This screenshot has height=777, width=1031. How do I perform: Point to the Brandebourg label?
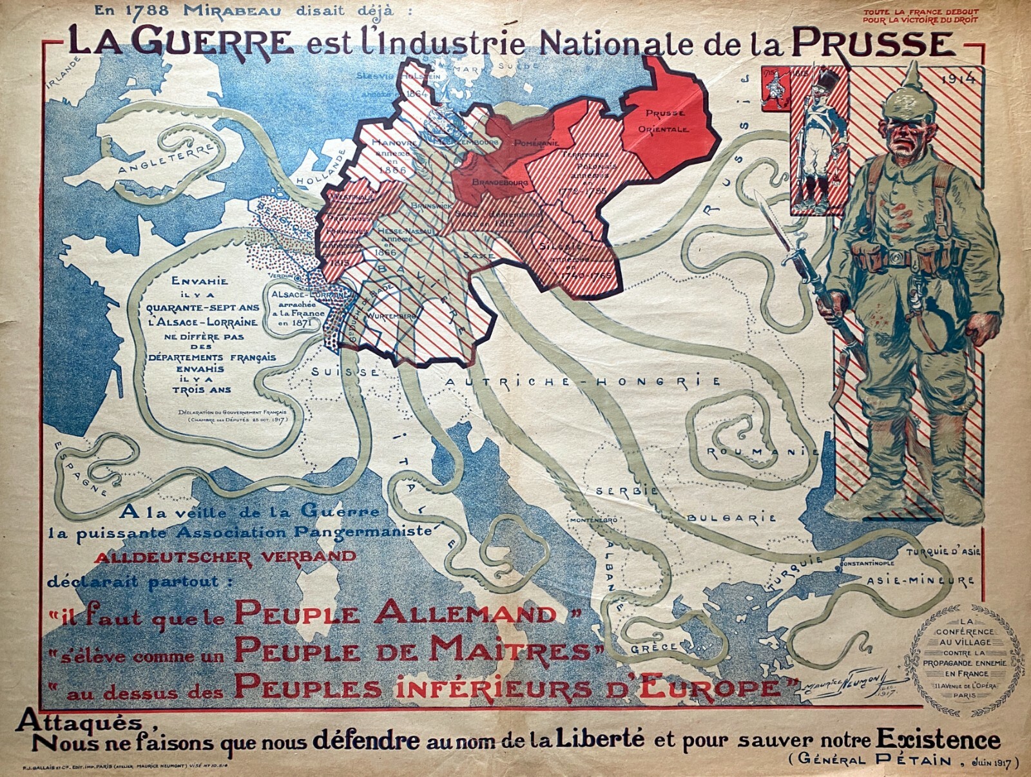pos(500,183)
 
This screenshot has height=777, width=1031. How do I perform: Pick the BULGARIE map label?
pos(731,518)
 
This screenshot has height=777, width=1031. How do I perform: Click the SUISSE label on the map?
pos(345,372)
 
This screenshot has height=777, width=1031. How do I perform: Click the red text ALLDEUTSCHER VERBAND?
pos(225,557)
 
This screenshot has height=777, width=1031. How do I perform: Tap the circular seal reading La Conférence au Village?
pos(967,659)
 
